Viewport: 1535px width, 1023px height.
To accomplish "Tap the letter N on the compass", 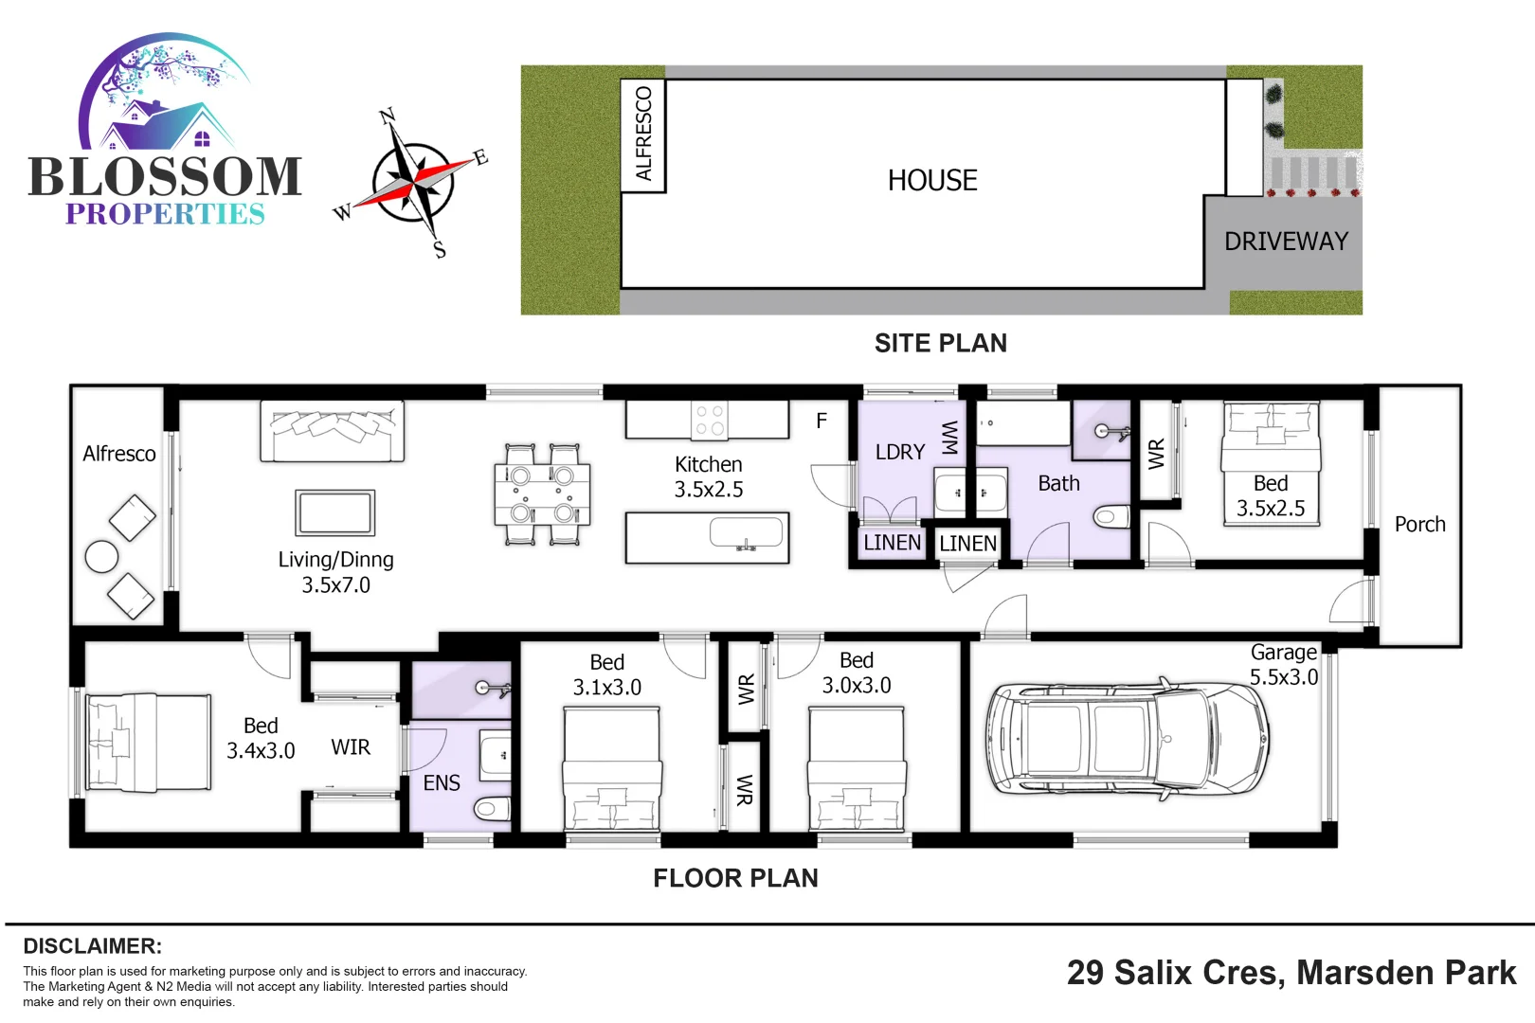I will [387, 117].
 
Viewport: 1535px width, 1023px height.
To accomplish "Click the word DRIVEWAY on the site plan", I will [1286, 242].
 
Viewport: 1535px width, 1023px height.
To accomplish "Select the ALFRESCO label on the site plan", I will [644, 134].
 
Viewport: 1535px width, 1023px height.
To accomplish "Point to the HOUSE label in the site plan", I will [932, 181].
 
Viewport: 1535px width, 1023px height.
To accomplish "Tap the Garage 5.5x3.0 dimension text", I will [1284, 665].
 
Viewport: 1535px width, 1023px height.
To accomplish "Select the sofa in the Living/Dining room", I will [332, 431].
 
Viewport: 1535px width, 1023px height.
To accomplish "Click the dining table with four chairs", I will [542, 495].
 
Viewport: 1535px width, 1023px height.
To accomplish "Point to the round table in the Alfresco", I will [101, 557].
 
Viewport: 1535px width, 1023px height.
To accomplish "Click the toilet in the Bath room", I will [1110, 517].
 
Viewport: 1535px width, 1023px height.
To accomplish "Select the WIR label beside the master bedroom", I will [351, 747].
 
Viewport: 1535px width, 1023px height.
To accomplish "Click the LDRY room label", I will [899, 453].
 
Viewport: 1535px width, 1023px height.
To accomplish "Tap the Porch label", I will [1419, 525].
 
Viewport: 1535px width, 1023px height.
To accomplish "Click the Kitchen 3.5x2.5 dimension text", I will [709, 477].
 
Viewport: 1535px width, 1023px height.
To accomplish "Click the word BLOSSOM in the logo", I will [165, 177].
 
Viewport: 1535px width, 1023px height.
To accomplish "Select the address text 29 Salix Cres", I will [1175, 973].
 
